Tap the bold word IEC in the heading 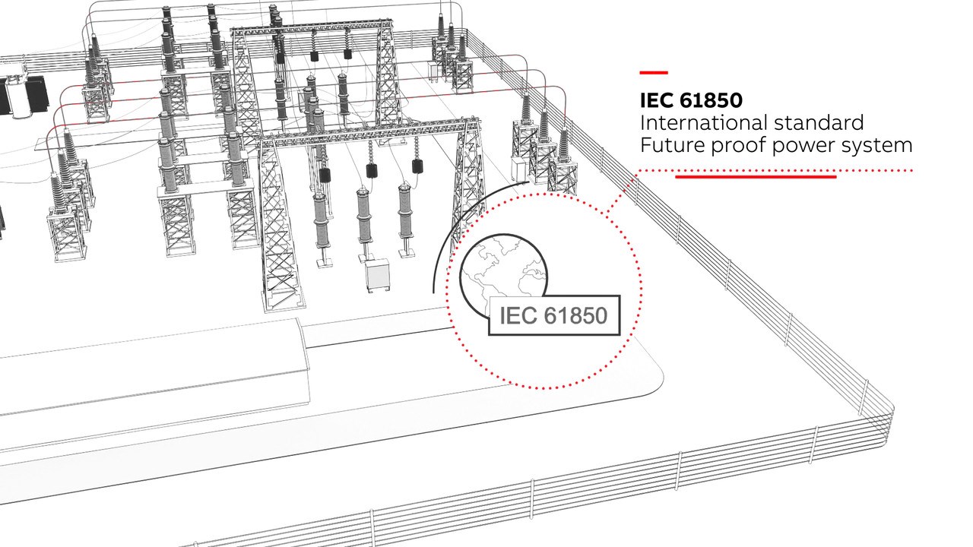tap(657, 100)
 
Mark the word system tap(877, 145)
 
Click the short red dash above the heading tap(653, 73)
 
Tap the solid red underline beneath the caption tap(756, 177)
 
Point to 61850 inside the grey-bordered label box tap(575, 315)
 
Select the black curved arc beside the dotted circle tap(448, 236)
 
